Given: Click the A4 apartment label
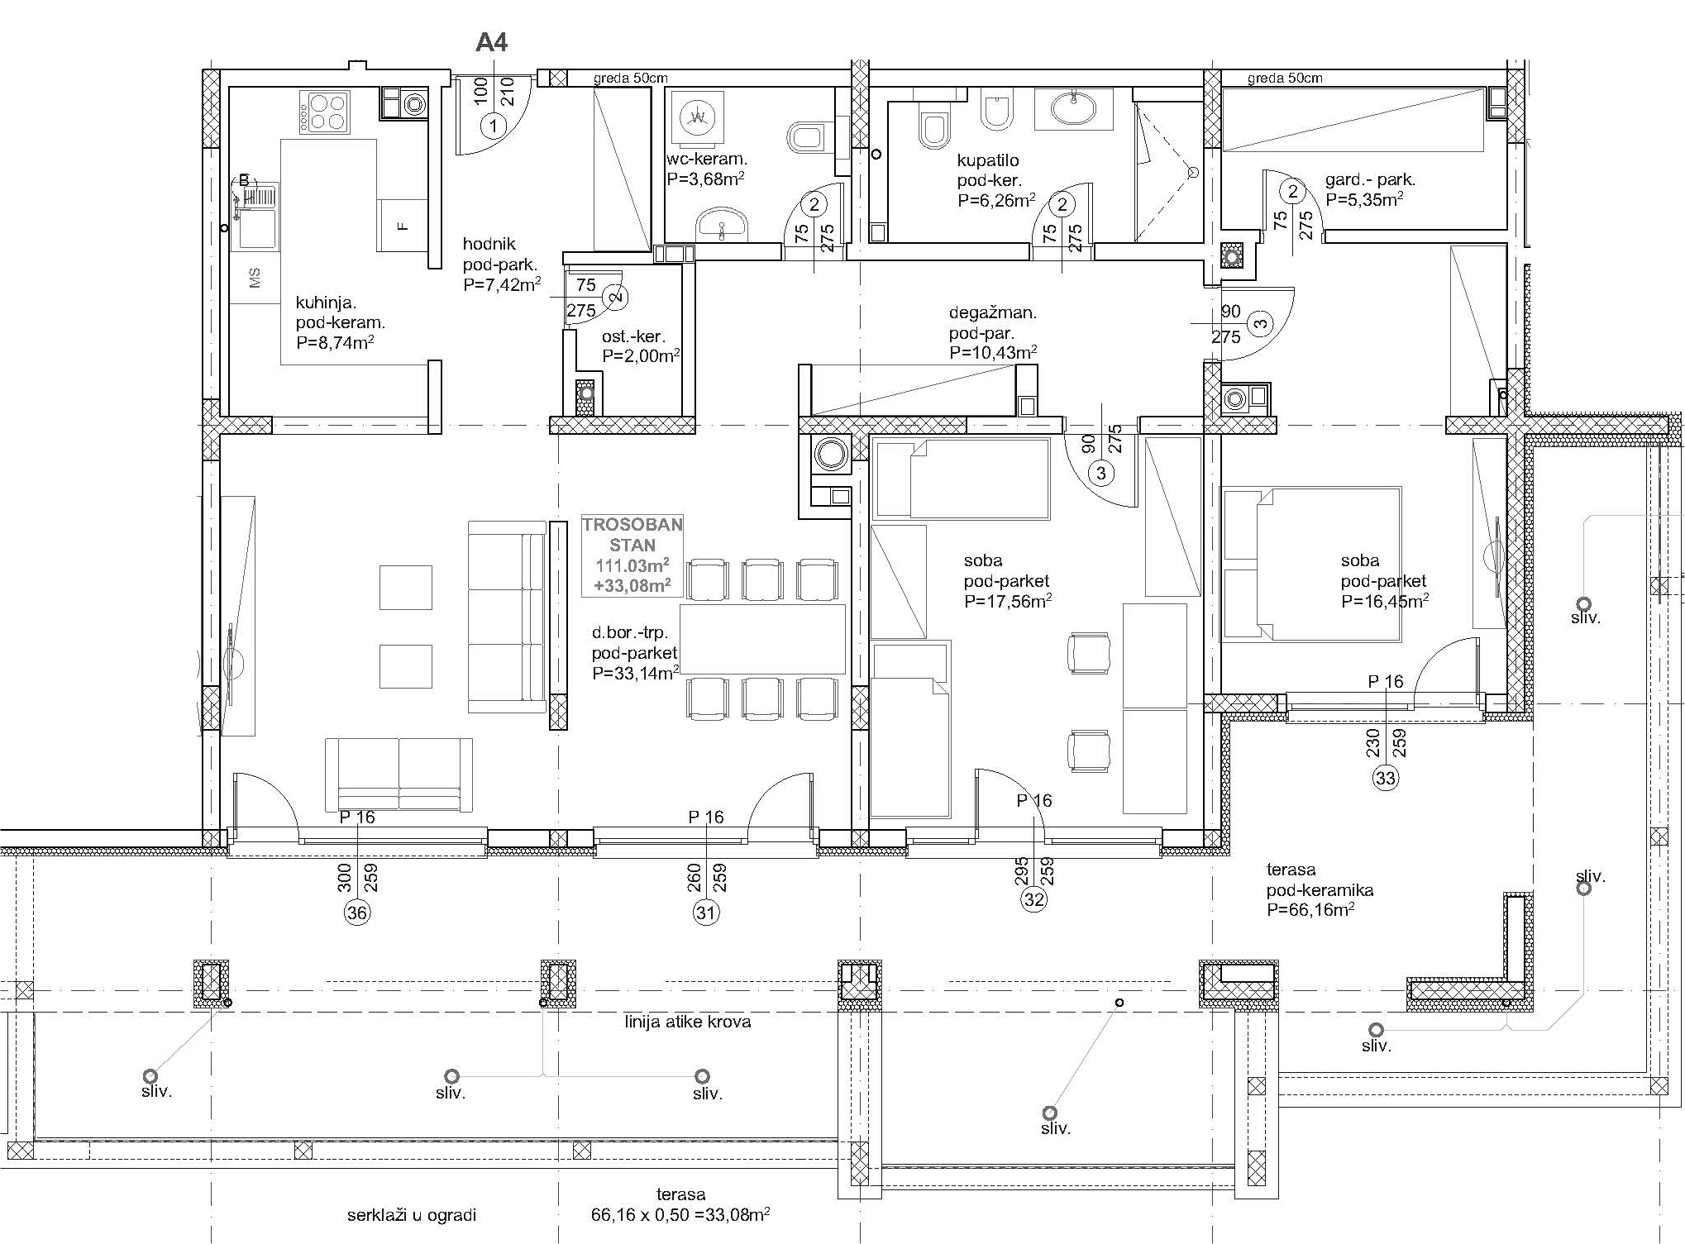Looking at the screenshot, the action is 491,42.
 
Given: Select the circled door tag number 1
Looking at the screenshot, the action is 494,126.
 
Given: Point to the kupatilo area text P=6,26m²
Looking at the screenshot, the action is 997,200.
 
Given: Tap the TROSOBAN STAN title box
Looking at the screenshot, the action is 632,555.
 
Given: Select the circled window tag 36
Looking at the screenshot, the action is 357,912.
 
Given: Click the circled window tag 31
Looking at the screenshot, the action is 706,912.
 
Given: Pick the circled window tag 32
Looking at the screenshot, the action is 1034,899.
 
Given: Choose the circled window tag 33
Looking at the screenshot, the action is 1386,778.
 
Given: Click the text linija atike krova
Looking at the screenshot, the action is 688,1022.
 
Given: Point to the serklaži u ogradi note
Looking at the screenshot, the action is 412,1215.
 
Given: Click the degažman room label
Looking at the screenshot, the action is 992,313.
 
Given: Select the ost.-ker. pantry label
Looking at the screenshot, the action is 633,337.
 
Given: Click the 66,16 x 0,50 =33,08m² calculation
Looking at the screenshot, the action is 680,1215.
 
